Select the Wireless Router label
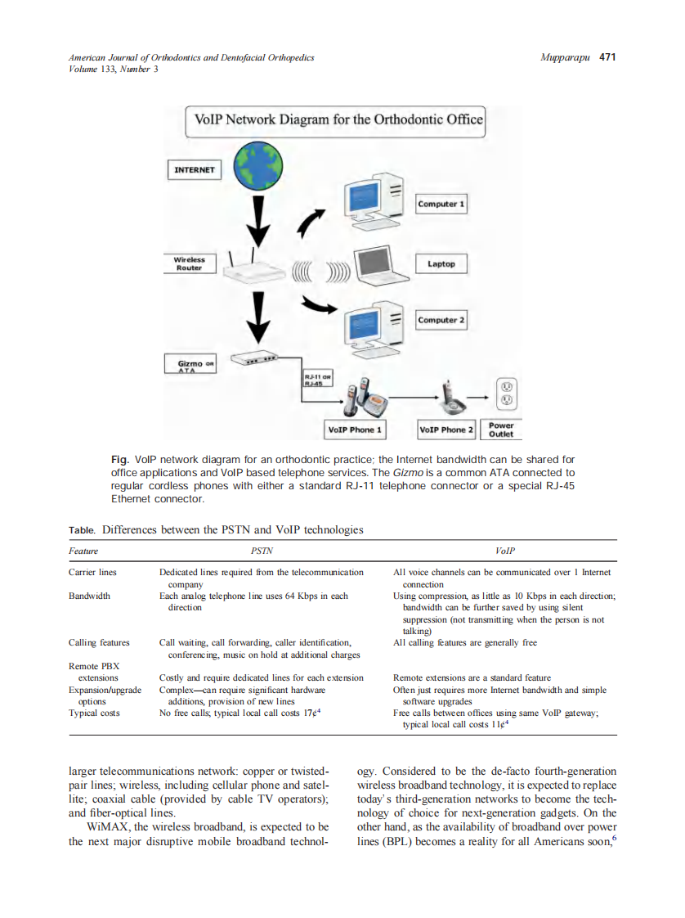pos(189,263)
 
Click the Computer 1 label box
pos(441,204)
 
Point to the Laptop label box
pos(441,263)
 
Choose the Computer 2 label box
pos(441,320)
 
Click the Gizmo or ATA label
pos(193,365)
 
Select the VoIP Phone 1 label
pos(354,430)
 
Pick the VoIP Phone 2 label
pos(446,430)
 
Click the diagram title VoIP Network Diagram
pos(338,119)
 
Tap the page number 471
pos(607,57)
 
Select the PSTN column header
pos(262,551)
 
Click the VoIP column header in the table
pos(505,551)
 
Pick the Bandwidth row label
pos(89,596)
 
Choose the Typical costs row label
pos(94,713)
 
